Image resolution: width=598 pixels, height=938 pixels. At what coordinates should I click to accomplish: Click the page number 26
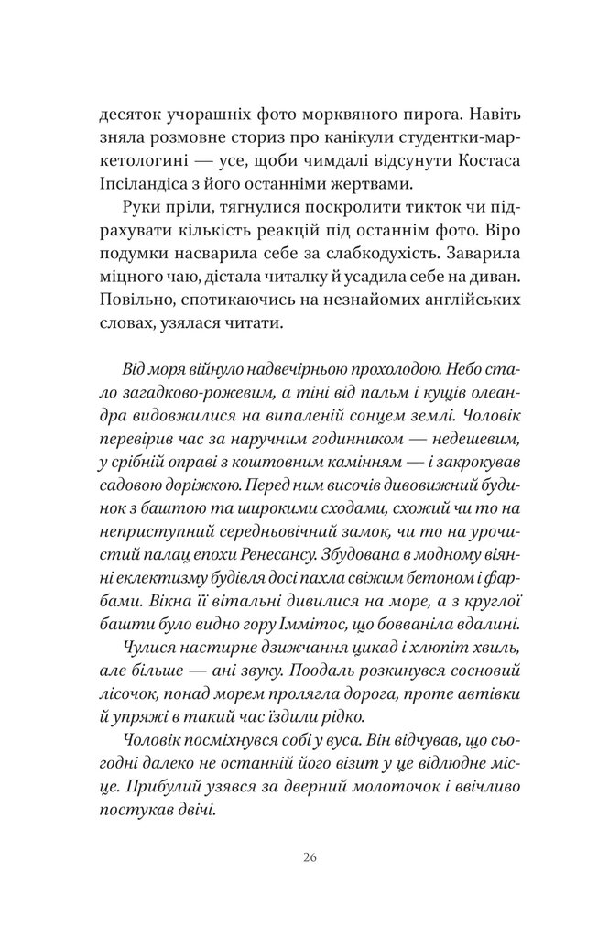[x=308, y=857]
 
